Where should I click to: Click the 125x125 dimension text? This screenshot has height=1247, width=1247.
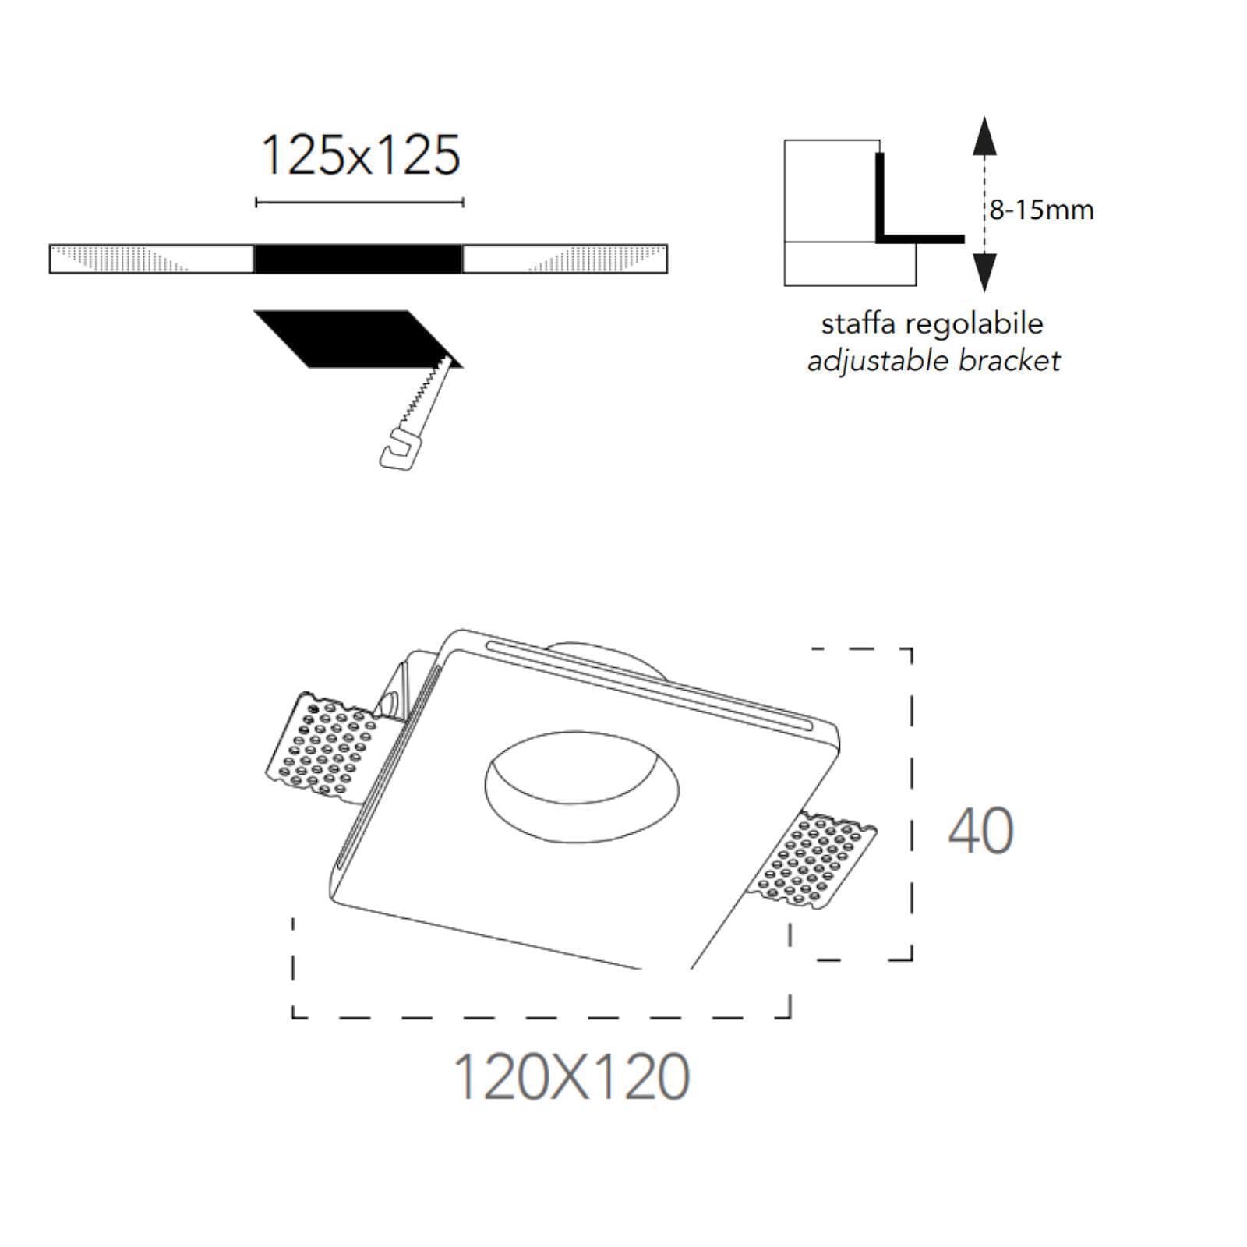point(360,155)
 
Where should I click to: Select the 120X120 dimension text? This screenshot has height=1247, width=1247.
point(571,1077)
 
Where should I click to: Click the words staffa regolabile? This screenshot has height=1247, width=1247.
point(932,323)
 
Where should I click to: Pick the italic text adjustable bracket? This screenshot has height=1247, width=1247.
point(934,361)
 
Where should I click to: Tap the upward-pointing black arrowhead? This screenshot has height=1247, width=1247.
point(985,136)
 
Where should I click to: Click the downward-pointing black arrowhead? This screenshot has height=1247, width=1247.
point(985,272)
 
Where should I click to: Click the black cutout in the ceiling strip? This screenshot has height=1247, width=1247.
point(359,259)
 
